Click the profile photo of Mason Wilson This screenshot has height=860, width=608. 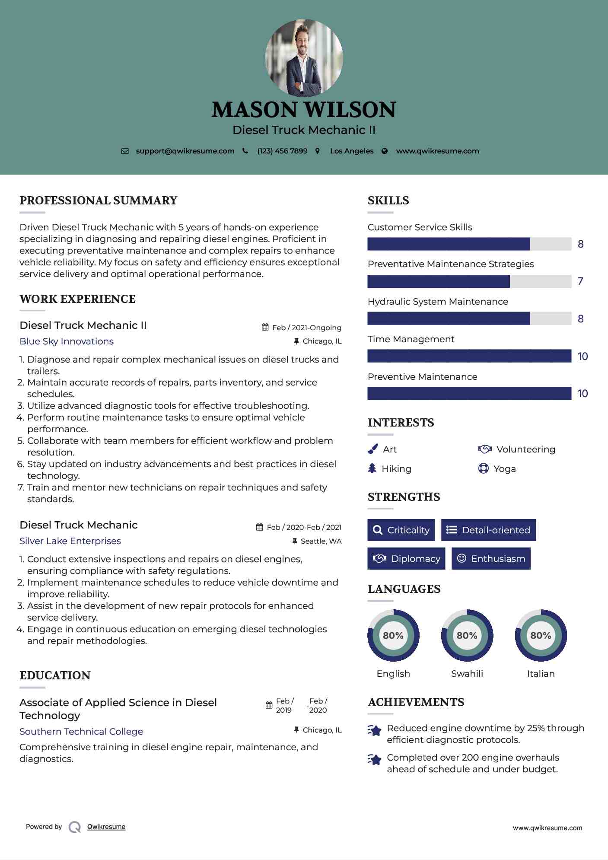tap(304, 58)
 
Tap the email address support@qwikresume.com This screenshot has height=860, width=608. tap(185, 151)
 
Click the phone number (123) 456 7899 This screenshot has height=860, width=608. tap(282, 151)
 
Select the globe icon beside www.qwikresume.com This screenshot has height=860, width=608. tap(385, 151)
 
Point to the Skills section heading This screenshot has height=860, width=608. tap(388, 201)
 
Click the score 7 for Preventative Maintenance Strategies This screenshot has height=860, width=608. tap(580, 281)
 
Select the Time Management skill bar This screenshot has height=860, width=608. tap(469, 356)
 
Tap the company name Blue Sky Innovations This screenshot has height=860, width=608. tap(67, 341)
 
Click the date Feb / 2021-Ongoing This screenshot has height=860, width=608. tap(306, 328)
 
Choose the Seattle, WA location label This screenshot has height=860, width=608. tap(321, 541)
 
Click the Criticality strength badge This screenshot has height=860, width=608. tap(401, 530)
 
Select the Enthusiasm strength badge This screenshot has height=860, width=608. tap(491, 558)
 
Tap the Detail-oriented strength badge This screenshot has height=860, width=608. tap(488, 530)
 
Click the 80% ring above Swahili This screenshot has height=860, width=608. tap(467, 635)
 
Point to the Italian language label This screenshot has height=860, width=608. tap(541, 673)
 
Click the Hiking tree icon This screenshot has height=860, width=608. tap(372, 468)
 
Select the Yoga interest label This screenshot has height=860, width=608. tap(505, 469)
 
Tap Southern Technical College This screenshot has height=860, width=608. tap(81, 732)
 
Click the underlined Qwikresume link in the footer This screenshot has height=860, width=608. tap(106, 827)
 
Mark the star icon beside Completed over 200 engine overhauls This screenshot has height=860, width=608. tap(375, 759)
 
